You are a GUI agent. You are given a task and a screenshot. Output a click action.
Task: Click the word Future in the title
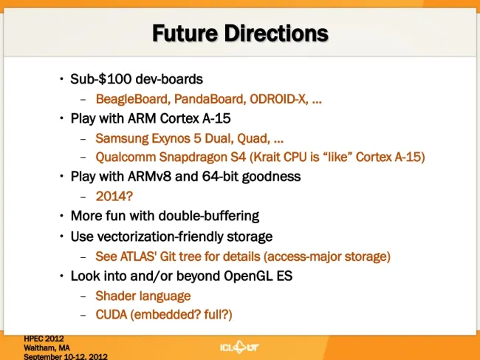coord(185,33)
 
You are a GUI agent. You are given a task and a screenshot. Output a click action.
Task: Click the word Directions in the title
coord(276,33)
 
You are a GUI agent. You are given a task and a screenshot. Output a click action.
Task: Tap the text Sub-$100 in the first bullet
coord(100,79)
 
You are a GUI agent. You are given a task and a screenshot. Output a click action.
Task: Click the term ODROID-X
coord(279,99)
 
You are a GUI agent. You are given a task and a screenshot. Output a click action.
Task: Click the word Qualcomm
coord(126,157)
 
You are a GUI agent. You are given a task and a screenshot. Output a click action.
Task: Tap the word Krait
coord(265,157)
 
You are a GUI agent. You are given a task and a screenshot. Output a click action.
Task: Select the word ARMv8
coord(149,177)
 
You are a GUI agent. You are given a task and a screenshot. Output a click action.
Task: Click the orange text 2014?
coord(114,197)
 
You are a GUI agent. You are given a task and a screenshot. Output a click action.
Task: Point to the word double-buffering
coord(209,216)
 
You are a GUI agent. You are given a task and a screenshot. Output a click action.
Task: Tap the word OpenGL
coord(248,276)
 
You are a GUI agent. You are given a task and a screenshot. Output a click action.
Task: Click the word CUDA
coord(111,315)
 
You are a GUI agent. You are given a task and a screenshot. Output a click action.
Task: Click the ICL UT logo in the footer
coord(239,347)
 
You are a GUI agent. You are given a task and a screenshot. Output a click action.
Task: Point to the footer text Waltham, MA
coord(47,348)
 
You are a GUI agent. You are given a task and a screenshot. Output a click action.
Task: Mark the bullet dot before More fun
coord(62,216)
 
